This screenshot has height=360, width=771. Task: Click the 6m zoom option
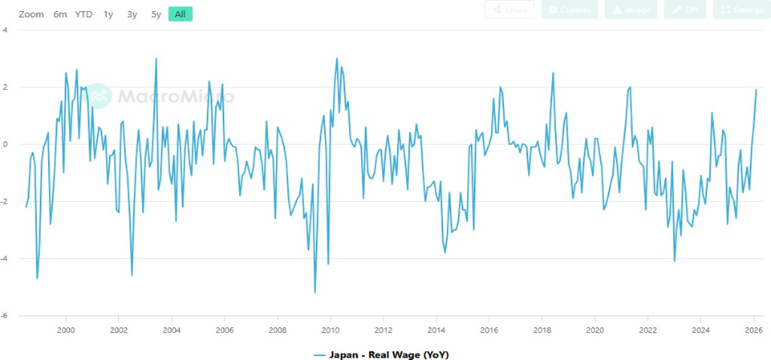pyautogui.click(x=60, y=14)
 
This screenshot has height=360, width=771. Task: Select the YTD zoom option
pyautogui.click(x=83, y=14)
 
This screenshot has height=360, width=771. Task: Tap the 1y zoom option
pyautogui.click(x=108, y=14)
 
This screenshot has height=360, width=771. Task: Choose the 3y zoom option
pyautogui.click(x=132, y=14)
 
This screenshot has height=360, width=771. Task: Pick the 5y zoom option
pyautogui.click(x=156, y=14)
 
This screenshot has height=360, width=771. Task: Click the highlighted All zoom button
pyautogui.click(x=180, y=14)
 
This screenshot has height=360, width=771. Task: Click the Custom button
pyautogui.click(x=570, y=10)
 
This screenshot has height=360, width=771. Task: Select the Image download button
pyautogui.click(x=631, y=10)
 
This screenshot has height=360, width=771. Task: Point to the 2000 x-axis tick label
pyautogui.click(x=66, y=330)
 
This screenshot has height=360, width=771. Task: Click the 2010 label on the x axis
pyautogui.click(x=330, y=330)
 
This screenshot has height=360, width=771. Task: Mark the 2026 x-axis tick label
pyautogui.click(x=753, y=330)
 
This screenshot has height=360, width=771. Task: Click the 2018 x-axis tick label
pyautogui.click(x=542, y=330)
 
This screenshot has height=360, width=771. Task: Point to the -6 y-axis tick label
pyautogui.click(x=6, y=316)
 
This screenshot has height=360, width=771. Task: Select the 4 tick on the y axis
pyautogui.click(x=6, y=30)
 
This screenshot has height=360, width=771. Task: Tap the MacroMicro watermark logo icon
pyautogui.click(x=99, y=95)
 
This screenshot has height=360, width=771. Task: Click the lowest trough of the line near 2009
pyautogui.click(x=314, y=293)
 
